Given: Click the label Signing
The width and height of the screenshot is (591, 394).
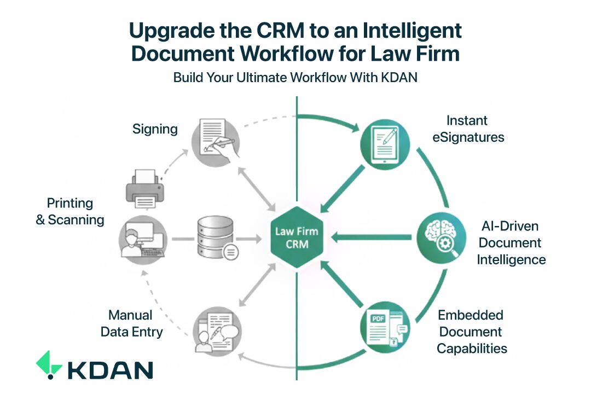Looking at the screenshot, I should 155,129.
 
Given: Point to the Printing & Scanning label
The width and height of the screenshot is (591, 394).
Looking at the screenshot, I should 69,212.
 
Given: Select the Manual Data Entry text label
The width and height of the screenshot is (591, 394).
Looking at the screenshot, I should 131,323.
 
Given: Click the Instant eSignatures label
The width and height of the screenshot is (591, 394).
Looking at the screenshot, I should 468,129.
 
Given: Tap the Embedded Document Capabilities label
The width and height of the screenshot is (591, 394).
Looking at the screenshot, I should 471,332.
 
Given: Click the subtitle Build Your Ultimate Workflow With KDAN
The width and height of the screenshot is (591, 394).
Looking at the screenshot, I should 296,78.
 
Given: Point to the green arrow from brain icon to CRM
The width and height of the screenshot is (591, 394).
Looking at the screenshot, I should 372,237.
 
